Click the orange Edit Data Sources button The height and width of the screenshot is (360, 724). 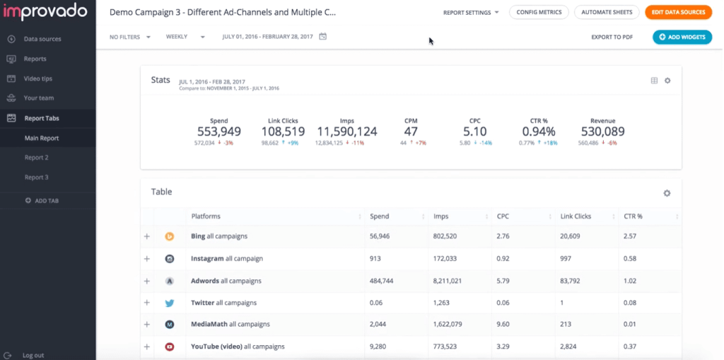click(x=677, y=13)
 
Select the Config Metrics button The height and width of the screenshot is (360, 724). click(x=539, y=13)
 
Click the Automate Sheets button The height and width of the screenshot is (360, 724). click(x=607, y=13)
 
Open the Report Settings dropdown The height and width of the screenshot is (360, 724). click(x=471, y=13)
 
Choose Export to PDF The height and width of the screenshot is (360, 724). click(x=612, y=37)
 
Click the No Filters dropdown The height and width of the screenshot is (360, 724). click(x=130, y=37)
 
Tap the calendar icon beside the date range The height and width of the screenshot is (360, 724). click(x=323, y=37)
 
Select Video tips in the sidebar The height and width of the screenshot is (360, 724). click(x=38, y=79)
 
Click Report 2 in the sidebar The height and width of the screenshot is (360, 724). click(x=37, y=158)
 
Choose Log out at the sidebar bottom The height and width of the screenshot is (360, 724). click(x=33, y=355)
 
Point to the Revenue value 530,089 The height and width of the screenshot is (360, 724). click(x=602, y=132)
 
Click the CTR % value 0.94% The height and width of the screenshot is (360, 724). click(x=539, y=132)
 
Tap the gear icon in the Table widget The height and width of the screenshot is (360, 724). click(x=667, y=193)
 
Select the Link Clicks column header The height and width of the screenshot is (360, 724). click(x=576, y=216)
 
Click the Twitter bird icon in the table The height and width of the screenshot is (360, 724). click(x=170, y=303)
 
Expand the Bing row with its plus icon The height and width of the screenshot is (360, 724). click(x=147, y=236)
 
